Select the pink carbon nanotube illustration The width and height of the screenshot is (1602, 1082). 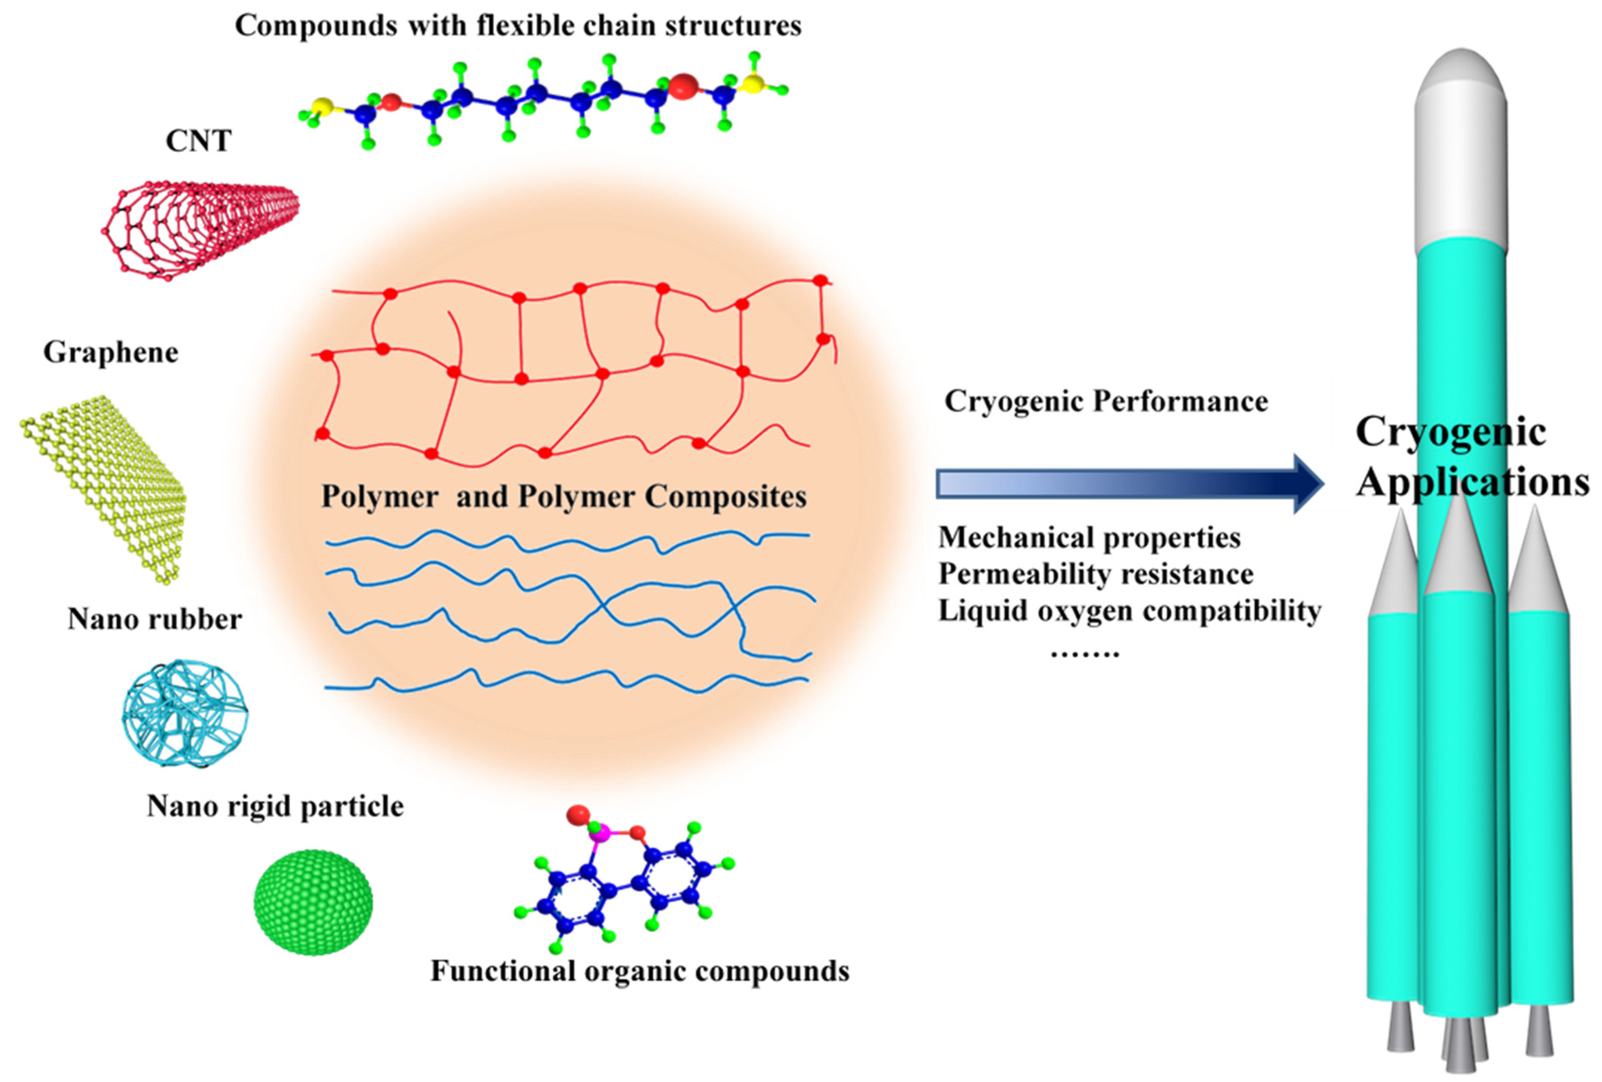click(x=200, y=228)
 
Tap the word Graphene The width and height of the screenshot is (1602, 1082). click(x=110, y=353)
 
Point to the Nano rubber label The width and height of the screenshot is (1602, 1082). click(x=154, y=619)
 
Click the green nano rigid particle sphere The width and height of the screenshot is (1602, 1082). click(x=314, y=902)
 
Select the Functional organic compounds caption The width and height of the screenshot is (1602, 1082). click(x=640, y=971)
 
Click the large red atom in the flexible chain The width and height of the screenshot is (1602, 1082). click(x=683, y=87)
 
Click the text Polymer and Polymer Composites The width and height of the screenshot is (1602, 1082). click(x=564, y=497)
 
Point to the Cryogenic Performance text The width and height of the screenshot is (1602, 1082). click(x=1106, y=401)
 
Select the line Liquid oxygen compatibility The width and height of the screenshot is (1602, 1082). click(x=1129, y=611)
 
